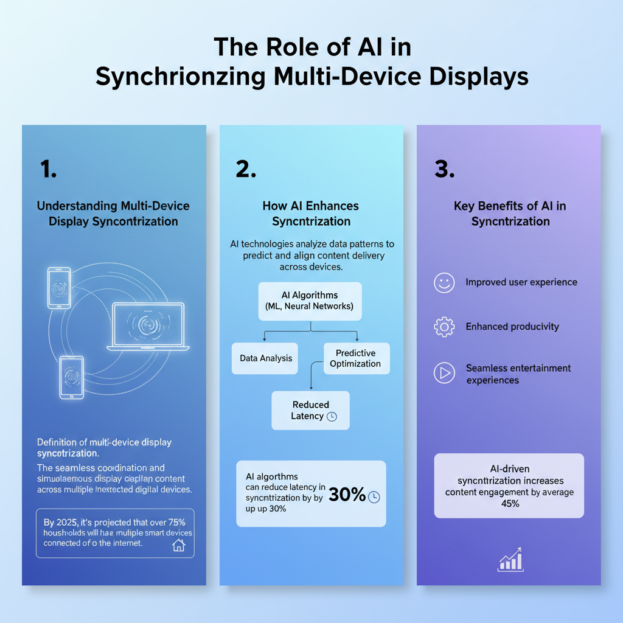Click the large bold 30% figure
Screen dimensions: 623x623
coord(347,495)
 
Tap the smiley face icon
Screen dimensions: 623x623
coord(444,282)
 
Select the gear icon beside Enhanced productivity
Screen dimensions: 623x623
coord(444,327)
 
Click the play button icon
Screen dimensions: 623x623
coord(444,373)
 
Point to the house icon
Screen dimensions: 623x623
coord(179,545)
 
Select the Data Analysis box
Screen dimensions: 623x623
coord(266,358)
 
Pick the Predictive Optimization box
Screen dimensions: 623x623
coord(355,358)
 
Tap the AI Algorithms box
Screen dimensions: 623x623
coord(310,301)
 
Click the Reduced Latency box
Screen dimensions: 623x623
coord(311,410)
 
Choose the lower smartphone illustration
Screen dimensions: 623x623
coord(72,378)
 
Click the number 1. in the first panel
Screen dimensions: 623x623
coord(49,170)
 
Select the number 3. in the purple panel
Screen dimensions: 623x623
coord(445,170)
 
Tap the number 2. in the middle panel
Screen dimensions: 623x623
coord(246,170)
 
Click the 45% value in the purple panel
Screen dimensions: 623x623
coord(510,504)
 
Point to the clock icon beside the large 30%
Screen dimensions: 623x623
coord(374,496)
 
